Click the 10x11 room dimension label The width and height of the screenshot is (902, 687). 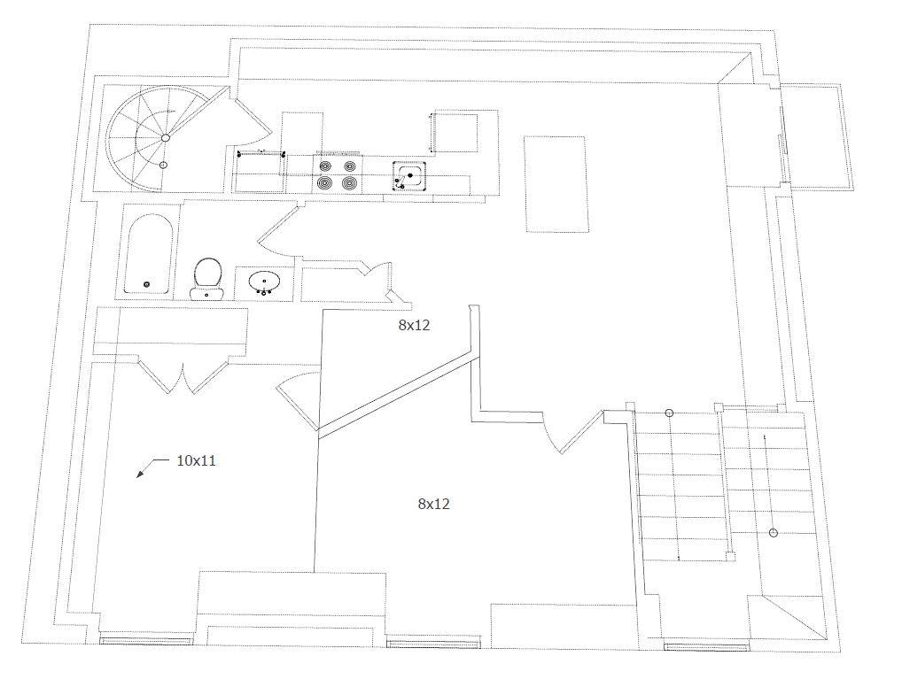(196, 460)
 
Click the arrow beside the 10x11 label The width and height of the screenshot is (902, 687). (152, 467)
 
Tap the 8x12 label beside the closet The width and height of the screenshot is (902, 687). (414, 326)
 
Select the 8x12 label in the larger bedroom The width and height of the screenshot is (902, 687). (434, 504)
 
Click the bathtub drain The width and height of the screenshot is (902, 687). (146, 284)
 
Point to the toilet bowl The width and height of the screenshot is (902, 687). (207, 273)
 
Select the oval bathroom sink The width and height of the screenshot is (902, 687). (265, 282)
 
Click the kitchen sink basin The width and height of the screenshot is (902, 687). (409, 176)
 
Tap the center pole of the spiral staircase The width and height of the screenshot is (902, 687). (166, 138)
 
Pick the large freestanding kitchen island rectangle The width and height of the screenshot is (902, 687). (556, 184)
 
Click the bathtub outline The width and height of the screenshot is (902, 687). (149, 254)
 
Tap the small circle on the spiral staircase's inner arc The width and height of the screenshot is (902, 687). (163, 165)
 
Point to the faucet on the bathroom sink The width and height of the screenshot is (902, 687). (265, 291)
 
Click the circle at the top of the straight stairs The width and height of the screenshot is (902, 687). (669, 413)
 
